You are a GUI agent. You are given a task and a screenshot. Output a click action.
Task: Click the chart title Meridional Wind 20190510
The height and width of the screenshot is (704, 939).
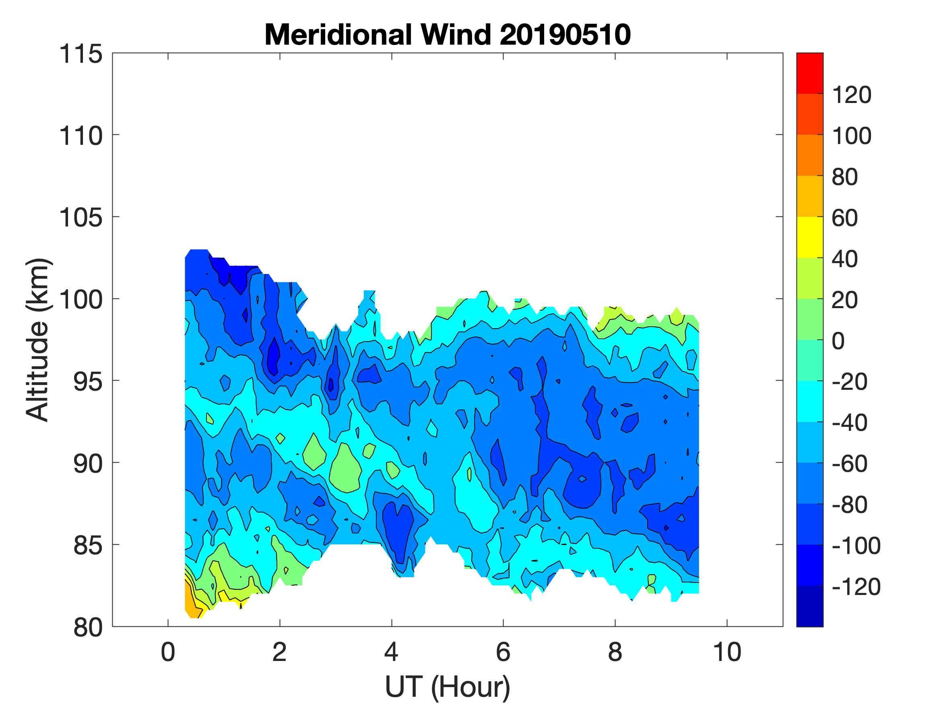coord(448,35)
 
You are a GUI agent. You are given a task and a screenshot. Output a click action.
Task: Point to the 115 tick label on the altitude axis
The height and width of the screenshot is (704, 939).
coord(80,54)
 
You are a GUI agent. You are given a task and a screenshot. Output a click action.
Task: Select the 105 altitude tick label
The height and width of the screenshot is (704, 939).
coord(80,218)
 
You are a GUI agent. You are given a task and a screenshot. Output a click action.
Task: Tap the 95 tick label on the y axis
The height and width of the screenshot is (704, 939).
coord(88,381)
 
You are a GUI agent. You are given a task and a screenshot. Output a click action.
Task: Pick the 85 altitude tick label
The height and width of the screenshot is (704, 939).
coord(88,545)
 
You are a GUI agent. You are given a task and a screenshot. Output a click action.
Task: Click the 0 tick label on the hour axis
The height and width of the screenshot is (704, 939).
coord(168,652)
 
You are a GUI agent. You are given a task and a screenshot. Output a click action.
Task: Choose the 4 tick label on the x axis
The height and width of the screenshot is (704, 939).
coord(391,652)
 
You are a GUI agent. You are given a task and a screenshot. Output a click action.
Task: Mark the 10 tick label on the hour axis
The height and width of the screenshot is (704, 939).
coord(727,652)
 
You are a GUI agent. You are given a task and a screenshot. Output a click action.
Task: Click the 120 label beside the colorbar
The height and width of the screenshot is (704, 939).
coord(852,95)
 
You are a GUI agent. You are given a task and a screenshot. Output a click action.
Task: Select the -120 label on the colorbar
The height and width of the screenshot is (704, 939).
coord(856,587)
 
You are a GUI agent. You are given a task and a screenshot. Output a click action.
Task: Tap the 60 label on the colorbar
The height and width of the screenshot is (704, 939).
coord(845,218)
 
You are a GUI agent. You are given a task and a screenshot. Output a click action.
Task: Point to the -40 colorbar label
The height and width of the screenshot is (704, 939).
coord(849,423)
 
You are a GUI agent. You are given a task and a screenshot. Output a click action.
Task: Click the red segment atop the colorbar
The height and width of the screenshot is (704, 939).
coord(809,72)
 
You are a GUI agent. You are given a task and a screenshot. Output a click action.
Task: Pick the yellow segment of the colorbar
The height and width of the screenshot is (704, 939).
coord(809,237)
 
